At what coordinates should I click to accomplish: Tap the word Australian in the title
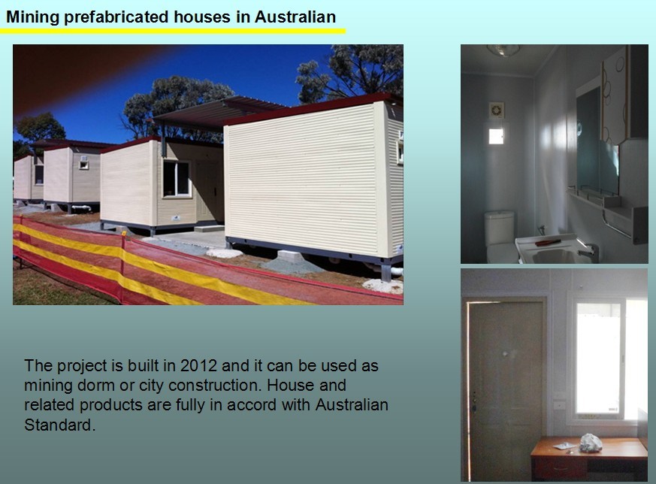(295, 17)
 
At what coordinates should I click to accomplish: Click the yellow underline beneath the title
(173, 31)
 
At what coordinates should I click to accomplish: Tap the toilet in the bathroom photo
(500, 237)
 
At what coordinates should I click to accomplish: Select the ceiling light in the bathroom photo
(503, 50)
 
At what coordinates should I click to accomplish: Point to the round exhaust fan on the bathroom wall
(497, 110)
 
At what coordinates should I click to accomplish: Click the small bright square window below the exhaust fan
(496, 136)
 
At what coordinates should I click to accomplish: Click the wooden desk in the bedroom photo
(589, 458)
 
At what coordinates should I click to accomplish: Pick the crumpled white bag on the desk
(591, 443)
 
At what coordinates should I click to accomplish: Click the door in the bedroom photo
(506, 390)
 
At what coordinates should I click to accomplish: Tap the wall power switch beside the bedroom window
(559, 405)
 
